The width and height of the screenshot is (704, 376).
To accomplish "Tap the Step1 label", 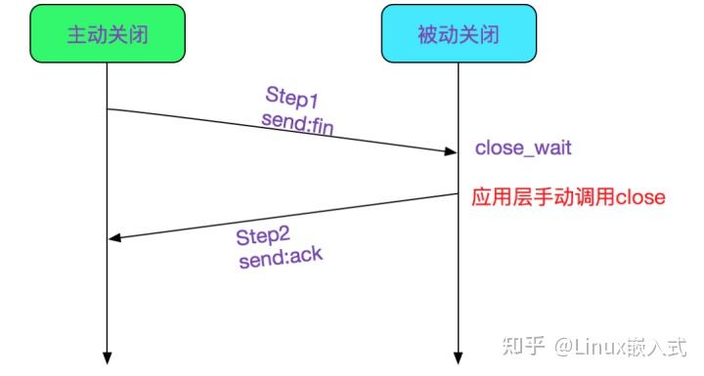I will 293,96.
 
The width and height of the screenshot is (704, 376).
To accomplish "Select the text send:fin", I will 298,120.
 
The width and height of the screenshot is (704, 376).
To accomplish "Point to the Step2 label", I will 265,237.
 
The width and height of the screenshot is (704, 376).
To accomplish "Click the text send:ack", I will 281,260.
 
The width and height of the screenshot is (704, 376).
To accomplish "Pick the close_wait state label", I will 523,148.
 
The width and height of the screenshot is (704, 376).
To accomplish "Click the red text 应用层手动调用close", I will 568,197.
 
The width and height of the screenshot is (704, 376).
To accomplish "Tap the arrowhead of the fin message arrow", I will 451,151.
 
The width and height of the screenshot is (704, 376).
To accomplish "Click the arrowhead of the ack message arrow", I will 113,238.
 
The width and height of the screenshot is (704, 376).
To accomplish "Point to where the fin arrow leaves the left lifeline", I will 108,108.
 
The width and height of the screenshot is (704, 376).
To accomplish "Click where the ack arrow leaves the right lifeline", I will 458,194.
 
